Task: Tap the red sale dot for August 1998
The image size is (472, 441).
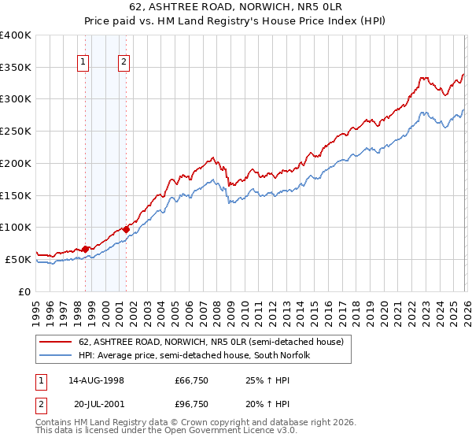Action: [x=86, y=249]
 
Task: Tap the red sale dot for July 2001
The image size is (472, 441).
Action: [x=126, y=229]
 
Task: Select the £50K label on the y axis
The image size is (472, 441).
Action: [x=19, y=259]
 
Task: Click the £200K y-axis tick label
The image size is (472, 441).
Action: [x=16, y=163]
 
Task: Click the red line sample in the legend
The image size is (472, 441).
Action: [x=56, y=343]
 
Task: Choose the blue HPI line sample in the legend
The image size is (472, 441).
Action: [x=56, y=355]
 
